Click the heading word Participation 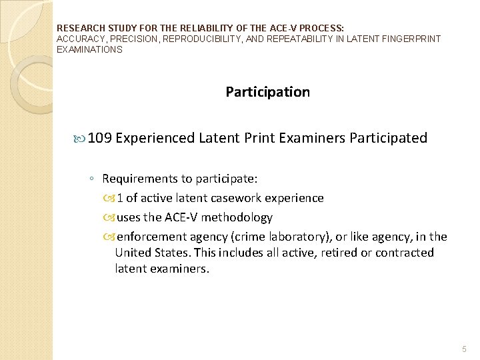click(267, 92)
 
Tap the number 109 click(99, 138)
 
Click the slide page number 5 click(465, 349)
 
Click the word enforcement click(152, 237)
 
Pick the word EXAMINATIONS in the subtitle click(89, 49)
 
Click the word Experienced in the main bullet click(155, 138)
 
